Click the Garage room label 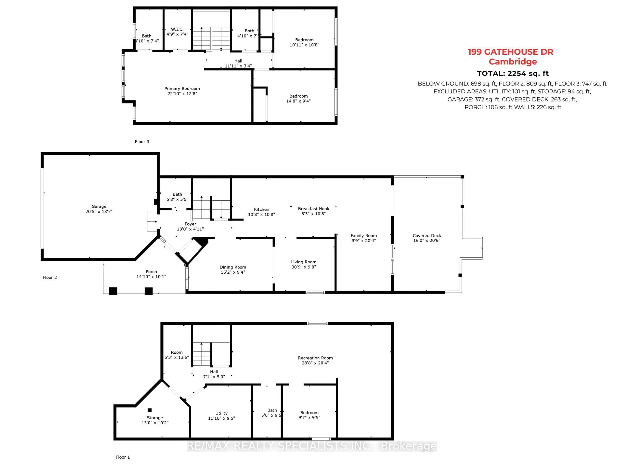pyautogui.click(x=99, y=207)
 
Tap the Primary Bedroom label pyautogui.click(x=182, y=89)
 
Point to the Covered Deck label pyautogui.click(x=427, y=236)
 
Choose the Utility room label pyautogui.click(x=221, y=413)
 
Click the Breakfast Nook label pyautogui.click(x=313, y=209)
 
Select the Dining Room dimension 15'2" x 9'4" pyautogui.click(x=233, y=272)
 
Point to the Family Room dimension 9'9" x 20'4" pyautogui.click(x=364, y=241)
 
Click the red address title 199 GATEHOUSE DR pyautogui.click(x=510, y=52)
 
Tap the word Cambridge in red pyautogui.click(x=513, y=62)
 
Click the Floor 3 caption pyautogui.click(x=142, y=142)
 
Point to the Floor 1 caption pyautogui.click(x=123, y=457)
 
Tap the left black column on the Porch pyautogui.click(x=113, y=291)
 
